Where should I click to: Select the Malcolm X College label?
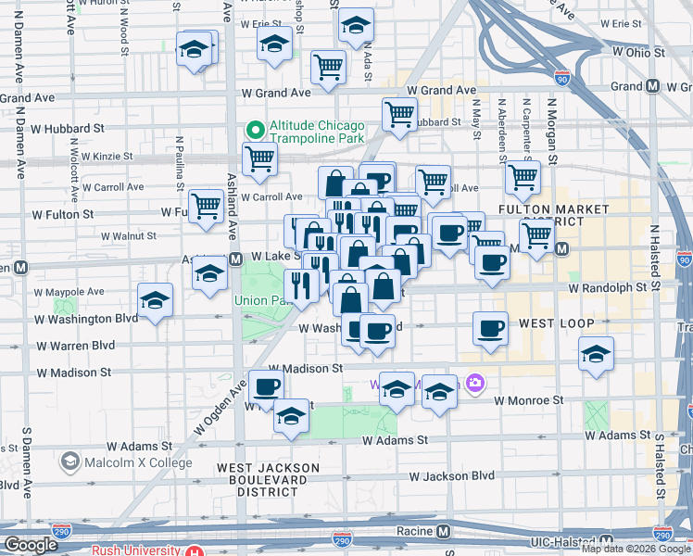137,462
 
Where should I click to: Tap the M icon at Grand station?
653,86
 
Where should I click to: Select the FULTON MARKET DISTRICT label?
541,215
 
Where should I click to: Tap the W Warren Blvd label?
75,346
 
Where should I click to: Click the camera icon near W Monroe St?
475,382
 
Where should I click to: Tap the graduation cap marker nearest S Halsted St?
596,353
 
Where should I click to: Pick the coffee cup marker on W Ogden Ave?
266,385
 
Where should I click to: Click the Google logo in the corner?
30,545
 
